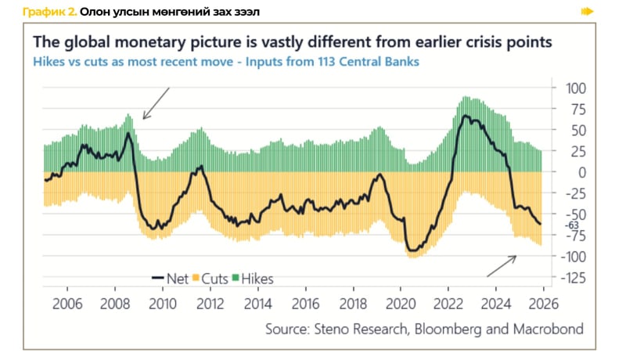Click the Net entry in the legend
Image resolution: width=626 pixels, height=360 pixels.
point(174,278)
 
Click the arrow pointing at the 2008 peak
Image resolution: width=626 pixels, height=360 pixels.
point(156,103)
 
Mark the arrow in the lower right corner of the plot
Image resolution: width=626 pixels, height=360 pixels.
point(502,265)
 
